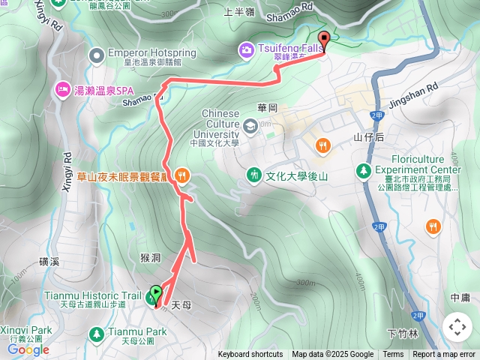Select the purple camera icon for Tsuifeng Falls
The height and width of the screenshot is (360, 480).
coord(245,49)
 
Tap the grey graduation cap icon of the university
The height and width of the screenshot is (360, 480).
coord(249,125)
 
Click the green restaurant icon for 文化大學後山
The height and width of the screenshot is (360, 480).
coord(254,175)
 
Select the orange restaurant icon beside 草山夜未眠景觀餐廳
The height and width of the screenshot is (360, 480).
coord(181,175)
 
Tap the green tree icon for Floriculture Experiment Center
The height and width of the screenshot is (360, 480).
coord(364,170)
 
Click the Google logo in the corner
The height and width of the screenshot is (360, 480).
coord(28,349)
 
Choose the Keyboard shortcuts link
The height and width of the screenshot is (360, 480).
coord(250,355)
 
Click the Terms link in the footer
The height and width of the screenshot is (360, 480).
coord(393,355)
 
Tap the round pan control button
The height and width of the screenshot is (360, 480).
coord(457,327)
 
